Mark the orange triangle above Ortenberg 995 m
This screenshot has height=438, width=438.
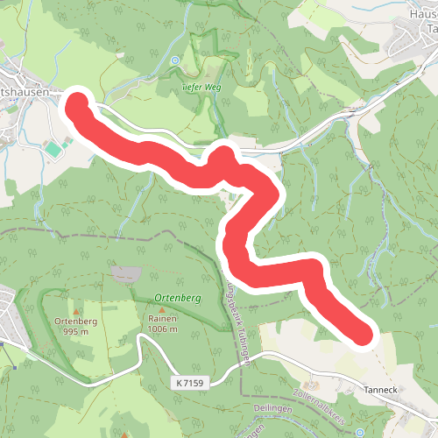74,310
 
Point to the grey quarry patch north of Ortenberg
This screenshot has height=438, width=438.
124,274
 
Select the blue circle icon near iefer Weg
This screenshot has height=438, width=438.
173,60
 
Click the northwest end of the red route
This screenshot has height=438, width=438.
77,104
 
